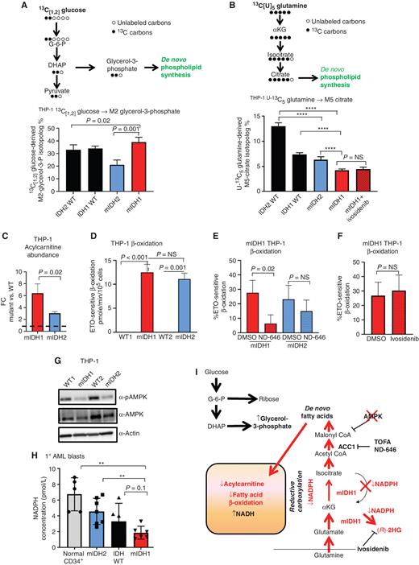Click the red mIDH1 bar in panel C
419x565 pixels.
pyautogui.click(x=28, y=281)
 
